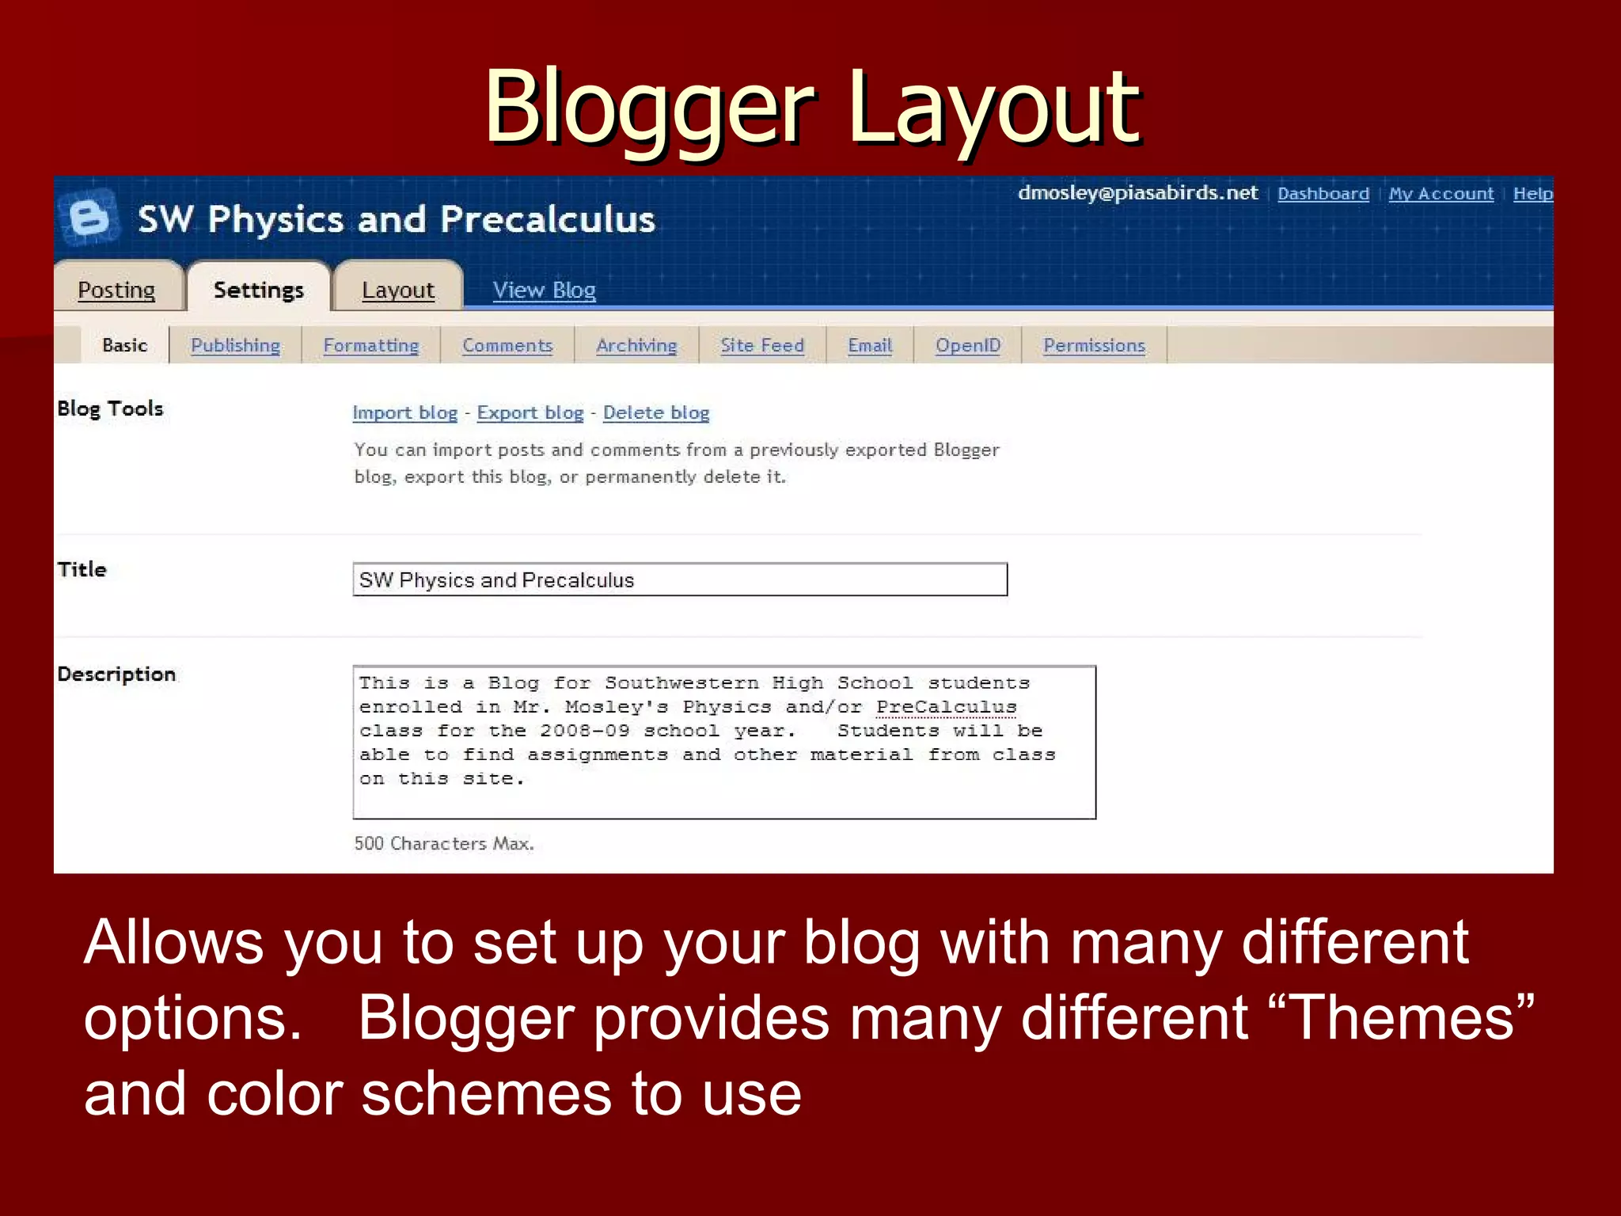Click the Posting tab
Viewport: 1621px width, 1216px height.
click(x=116, y=290)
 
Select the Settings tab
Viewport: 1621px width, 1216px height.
click(x=258, y=290)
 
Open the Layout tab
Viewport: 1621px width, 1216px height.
click(x=397, y=290)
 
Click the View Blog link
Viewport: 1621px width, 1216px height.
click(x=544, y=290)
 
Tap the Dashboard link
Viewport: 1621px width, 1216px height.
click(x=1323, y=194)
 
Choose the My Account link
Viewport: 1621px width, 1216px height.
click(x=1441, y=194)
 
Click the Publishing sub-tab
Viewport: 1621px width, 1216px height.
click(x=235, y=345)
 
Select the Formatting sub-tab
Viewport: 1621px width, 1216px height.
click(x=370, y=345)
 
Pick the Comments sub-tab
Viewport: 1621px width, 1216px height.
click(x=507, y=345)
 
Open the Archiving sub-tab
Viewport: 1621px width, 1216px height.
click(x=636, y=345)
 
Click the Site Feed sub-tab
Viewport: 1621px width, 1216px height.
click(x=761, y=345)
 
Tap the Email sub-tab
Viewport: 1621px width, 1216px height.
click(x=870, y=345)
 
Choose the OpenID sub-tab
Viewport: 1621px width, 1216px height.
click(x=968, y=345)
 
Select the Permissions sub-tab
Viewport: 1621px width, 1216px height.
click(x=1094, y=345)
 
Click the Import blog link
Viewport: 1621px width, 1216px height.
click(x=404, y=412)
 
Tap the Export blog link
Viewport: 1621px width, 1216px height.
click(x=530, y=412)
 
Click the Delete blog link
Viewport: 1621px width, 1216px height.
click(x=655, y=412)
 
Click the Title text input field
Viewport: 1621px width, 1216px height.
click(x=679, y=579)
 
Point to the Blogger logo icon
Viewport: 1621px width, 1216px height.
click(x=89, y=216)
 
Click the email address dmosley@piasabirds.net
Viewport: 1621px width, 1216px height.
click(x=1137, y=193)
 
